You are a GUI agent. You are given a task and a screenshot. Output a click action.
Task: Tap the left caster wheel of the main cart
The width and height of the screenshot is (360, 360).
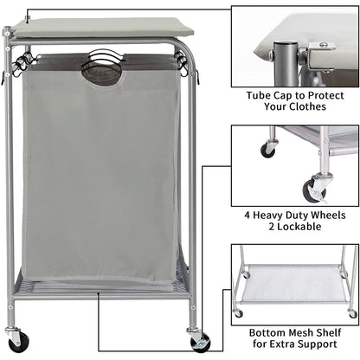tap(15, 338)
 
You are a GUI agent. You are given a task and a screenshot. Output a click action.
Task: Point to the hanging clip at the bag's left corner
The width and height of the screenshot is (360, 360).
tap(22, 62)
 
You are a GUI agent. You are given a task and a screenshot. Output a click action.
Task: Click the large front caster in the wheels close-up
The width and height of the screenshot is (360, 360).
tap(312, 189)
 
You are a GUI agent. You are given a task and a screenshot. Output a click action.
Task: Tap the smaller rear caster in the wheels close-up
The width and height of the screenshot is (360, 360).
tap(268, 149)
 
